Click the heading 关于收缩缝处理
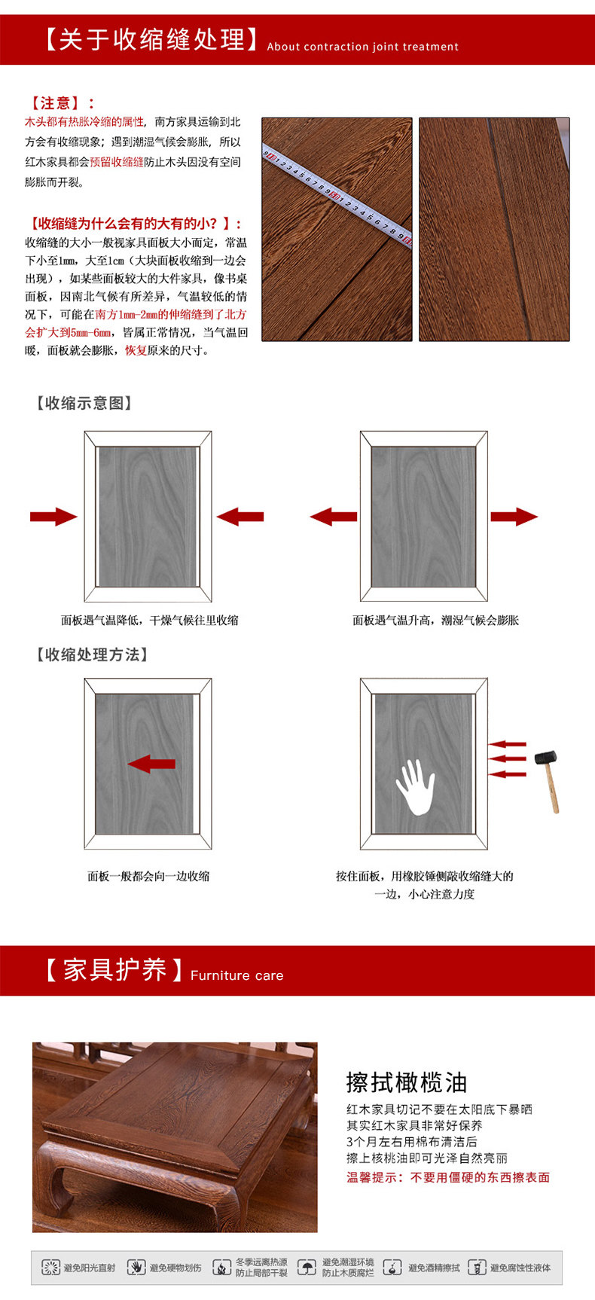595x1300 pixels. pos(151,39)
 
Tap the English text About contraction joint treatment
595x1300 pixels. pos(362,47)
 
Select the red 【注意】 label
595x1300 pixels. pos(60,103)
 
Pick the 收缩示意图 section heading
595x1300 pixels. pos(84,403)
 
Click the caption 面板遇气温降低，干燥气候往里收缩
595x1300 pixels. pos(149,621)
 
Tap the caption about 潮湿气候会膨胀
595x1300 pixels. pos(435,621)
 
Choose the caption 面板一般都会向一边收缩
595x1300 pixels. pos(148,876)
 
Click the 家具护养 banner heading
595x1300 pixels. pos(113,969)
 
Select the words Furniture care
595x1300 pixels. pos(236,975)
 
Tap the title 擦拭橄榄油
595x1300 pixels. pos(407,1082)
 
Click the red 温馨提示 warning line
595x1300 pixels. pos(448,1177)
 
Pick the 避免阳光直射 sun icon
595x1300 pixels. pos(50,1268)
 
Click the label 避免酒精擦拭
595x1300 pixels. pos(433,1268)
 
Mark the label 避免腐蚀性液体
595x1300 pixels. pos(520,1268)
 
